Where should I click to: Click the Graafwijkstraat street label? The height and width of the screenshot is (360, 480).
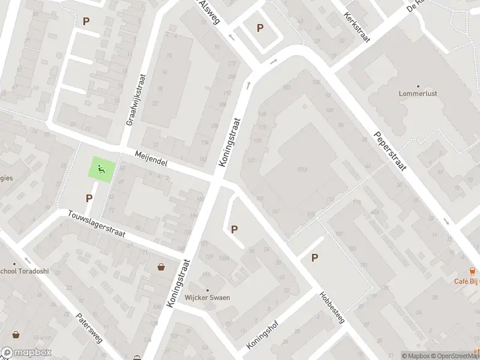click(x=136, y=100)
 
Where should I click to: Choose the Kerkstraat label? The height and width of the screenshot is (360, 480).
click(x=358, y=26)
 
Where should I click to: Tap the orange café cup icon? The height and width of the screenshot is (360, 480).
click(x=472, y=271)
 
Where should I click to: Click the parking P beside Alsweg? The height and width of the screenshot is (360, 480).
click(x=260, y=28)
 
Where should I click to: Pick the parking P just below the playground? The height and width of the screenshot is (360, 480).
click(x=89, y=198)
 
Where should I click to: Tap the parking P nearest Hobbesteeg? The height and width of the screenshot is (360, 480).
click(x=314, y=258)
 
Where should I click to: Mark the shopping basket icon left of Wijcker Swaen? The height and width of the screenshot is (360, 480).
click(x=161, y=266)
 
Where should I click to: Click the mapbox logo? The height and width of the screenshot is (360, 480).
click(x=26, y=353)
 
